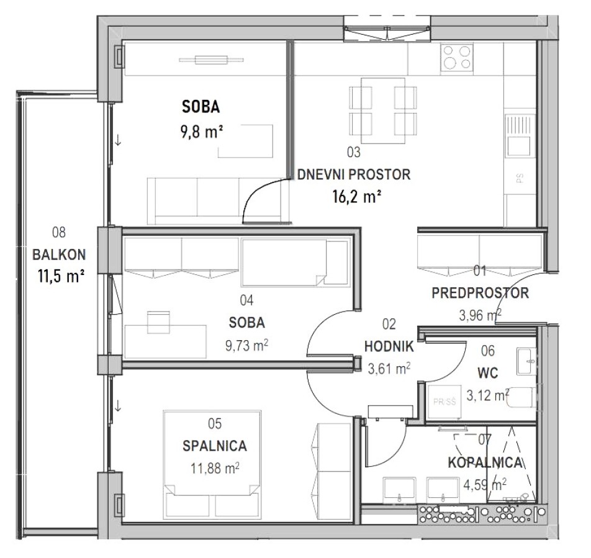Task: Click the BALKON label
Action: [59, 255]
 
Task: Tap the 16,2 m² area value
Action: [356, 197]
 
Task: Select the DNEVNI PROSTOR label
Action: [354, 175]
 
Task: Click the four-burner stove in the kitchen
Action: [457, 58]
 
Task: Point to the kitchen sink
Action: [520, 136]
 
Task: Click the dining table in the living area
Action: [383, 110]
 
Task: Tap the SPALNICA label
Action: [215, 446]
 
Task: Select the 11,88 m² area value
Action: [215, 469]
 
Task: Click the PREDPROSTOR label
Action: [480, 293]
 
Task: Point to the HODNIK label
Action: [389, 346]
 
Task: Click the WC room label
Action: [488, 373]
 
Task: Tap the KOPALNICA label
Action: [485, 462]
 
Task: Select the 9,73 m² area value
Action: [247, 345]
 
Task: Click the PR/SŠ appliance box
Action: [444, 402]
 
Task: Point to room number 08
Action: [59, 233]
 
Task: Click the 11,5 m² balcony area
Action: [61, 277]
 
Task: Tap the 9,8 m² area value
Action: [202, 132]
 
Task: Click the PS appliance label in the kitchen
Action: [520, 178]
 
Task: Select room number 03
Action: [354, 152]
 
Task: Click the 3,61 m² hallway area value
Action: [389, 369]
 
